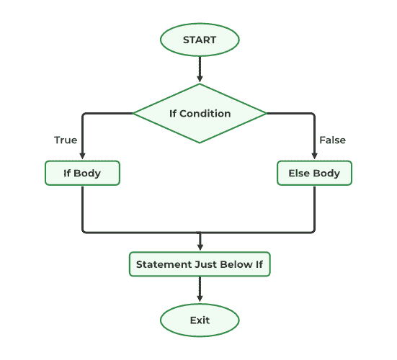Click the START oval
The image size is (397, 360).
click(200, 40)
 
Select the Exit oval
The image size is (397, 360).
click(200, 319)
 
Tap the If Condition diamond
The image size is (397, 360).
click(200, 113)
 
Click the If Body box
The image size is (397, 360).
click(82, 174)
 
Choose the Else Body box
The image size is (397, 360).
click(314, 174)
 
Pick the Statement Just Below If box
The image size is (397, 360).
click(200, 264)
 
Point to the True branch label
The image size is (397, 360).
click(66, 140)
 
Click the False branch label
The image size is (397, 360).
click(331, 140)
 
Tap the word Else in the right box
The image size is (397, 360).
click(299, 174)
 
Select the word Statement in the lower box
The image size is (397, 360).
click(164, 264)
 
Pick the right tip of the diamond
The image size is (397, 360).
click(266, 113)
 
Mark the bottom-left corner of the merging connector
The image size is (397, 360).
click(84, 231)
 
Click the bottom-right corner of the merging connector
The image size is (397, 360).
click(314, 231)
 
